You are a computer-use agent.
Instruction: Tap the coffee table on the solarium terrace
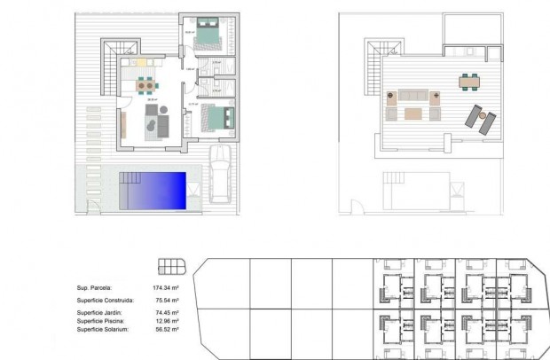click(412, 113)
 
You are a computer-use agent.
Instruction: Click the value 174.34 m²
click(166, 288)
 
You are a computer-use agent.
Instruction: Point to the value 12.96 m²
click(166, 321)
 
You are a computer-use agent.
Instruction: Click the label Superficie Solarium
click(103, 329)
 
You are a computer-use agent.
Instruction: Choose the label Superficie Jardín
click(100, 313)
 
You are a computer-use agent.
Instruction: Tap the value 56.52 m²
click(166, 329)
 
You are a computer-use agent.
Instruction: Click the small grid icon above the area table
click(169, 265)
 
